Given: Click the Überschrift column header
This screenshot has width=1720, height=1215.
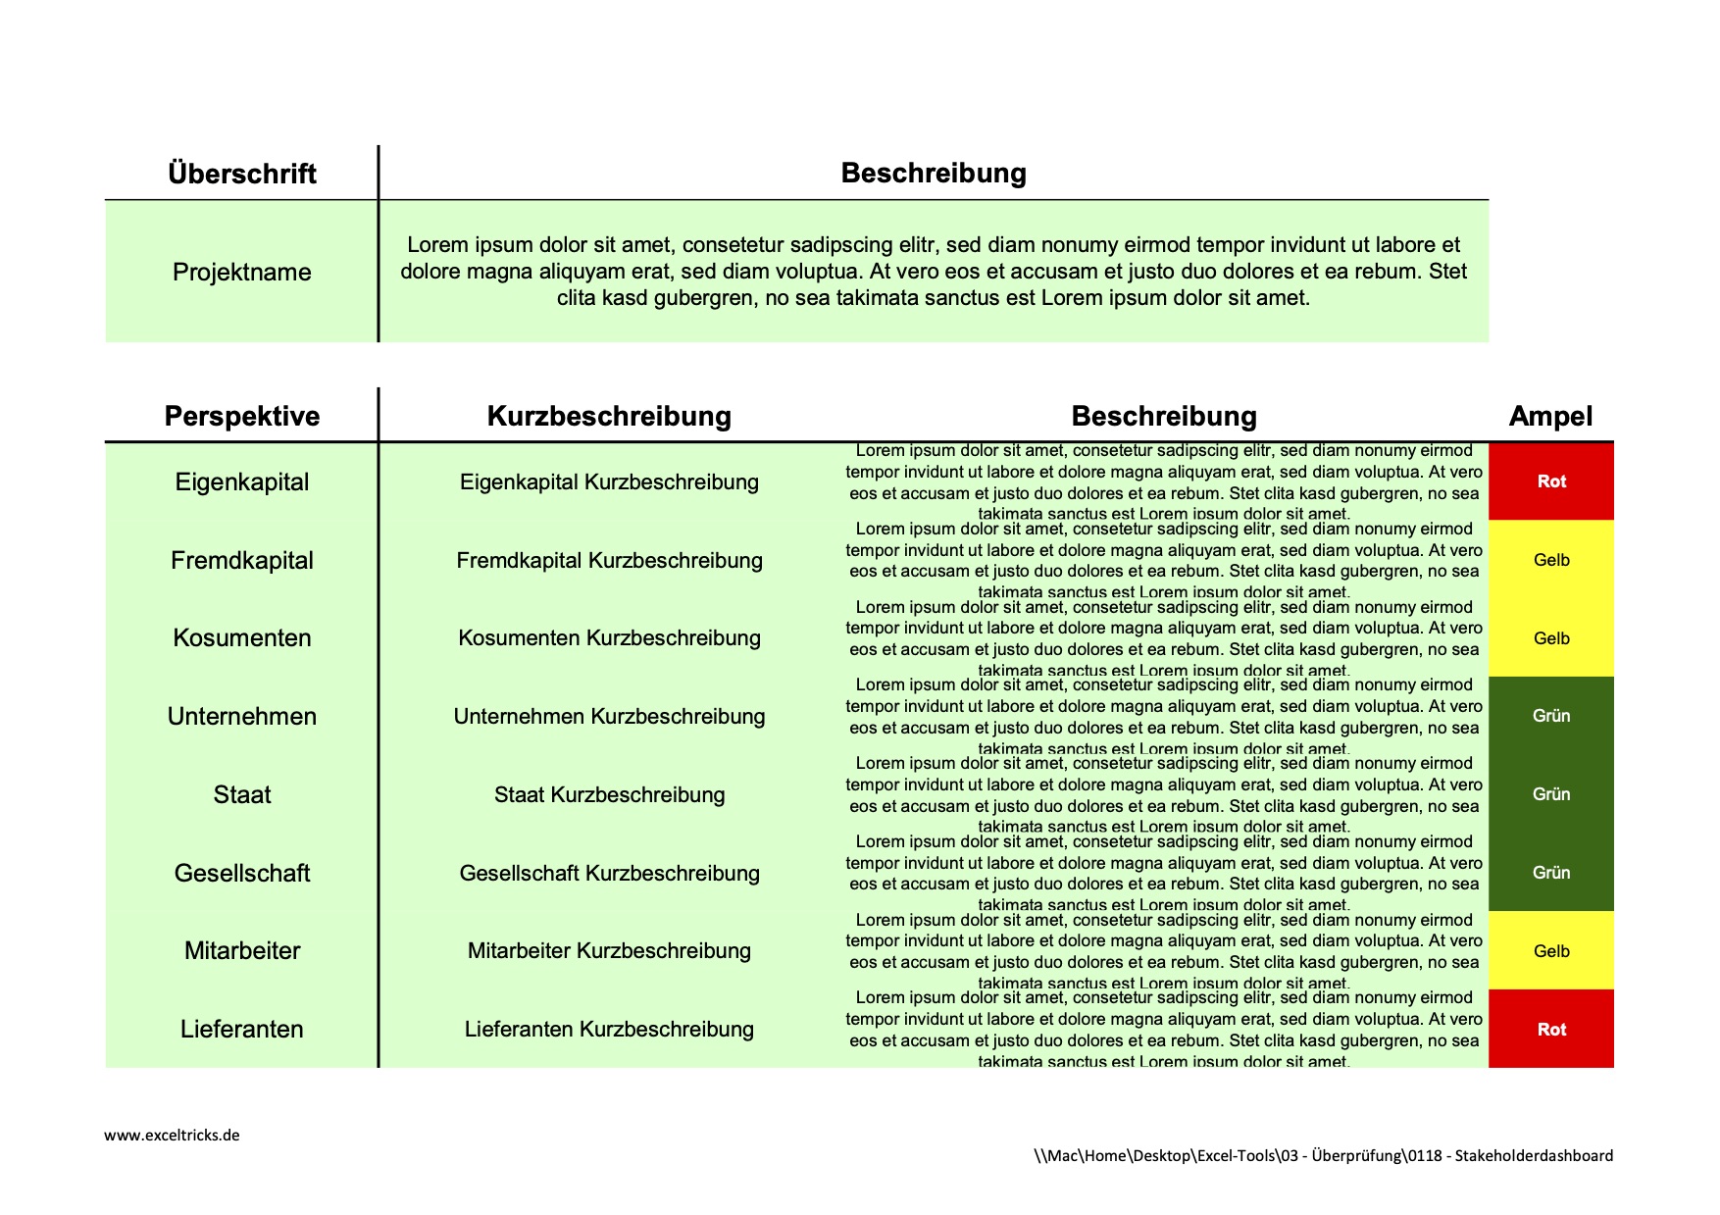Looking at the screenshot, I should pyautogui.click(x=241, y=174).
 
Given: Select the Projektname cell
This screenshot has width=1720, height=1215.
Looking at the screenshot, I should pyautogui.click(x=241, y=272).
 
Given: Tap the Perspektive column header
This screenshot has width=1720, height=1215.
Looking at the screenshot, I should pyautogui.click(x=241, y=416).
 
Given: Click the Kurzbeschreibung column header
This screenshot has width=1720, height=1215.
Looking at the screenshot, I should pyautogui.click(x=609, y=416).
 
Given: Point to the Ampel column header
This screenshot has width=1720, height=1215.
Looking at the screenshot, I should pyautogui.click(x=1550, y=416).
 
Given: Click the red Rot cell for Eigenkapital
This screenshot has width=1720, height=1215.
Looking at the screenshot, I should pyautogui.click(x=1550, y=481).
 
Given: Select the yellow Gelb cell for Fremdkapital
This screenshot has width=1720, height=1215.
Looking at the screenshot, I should pyautogui.click(x=1550, y=560).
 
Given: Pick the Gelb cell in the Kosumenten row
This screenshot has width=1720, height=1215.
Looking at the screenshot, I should pyautogui.click(x=1550, y=638).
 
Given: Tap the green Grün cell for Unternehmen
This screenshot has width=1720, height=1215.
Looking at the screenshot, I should pyautogui.click(x=1550, y=716).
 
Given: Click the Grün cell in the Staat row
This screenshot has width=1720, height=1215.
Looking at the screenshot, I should pyautogui.click(x=1550, y=794).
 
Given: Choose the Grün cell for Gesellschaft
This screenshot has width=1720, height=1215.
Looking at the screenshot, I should pyautogui.click(x=1550, y=873).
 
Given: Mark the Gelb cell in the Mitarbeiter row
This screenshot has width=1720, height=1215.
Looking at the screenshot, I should pyautogui.click(x=1550, y=951).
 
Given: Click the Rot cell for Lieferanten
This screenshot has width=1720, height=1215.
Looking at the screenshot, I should pyautogui.click(x=1550, y=1030).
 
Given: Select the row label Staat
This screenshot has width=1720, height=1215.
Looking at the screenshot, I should pyautogui.click(x=241, y=794).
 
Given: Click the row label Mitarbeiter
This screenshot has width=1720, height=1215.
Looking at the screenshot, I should pyautogui.click(x=241, y=950).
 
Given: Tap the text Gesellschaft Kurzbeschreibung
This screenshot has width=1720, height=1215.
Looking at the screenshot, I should pyautogui.click(x=609, y=873).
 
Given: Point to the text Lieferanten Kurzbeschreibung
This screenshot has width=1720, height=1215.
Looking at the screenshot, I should pyautogui.click(x=609, y=1029).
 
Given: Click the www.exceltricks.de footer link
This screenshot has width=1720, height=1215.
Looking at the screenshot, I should pyautogui.click(x=172, y=1136).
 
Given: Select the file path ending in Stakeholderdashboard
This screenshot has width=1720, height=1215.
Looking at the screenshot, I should pyautogui.click(x=1323, y=1155).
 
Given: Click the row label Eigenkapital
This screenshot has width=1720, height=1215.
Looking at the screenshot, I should pyautogui.click(x=241, y=481).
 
